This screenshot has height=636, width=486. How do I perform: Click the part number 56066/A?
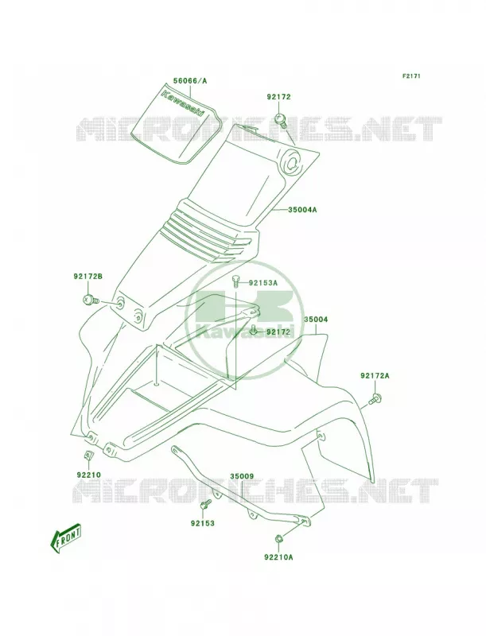pyautogui.click(x=190, y=81)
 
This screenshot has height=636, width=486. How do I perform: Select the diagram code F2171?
pyautogui.click(x=411, y=76)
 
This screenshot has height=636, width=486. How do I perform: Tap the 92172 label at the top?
pyautogui.click(x=278, y=97)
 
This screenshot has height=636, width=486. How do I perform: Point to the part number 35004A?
pyautogui.click(x=302, y=210)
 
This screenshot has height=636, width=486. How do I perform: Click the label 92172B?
pyautogui.click(x=87, y=277)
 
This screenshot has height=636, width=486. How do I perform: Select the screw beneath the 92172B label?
pyautogui.click(x=91, y=301)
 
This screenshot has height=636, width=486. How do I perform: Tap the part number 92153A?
pyautogui.click(x=262, y=283)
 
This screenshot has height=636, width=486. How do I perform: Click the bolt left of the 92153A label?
pyautogui.click(x=235, y=281)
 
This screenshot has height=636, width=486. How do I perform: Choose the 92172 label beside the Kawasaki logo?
pyautogui.click(x=278, y=332)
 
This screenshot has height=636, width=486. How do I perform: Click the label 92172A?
pyautogui.click(x=375, y=375)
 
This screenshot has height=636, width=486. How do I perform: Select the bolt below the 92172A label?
pyautogui.click(x=375, y=399)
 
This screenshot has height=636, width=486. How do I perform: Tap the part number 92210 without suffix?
pyautogui.click(x=88, y=475)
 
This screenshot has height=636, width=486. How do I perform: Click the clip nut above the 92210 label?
pyautogui.click(x=87, y=456)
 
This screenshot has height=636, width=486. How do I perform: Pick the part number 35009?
pyautogui.click(x=242, y=475)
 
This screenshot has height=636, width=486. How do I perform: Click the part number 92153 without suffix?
pyautogui.click(x=202, y=523)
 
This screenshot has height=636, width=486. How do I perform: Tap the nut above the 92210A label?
pyautogui.click(x=278, y=539)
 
